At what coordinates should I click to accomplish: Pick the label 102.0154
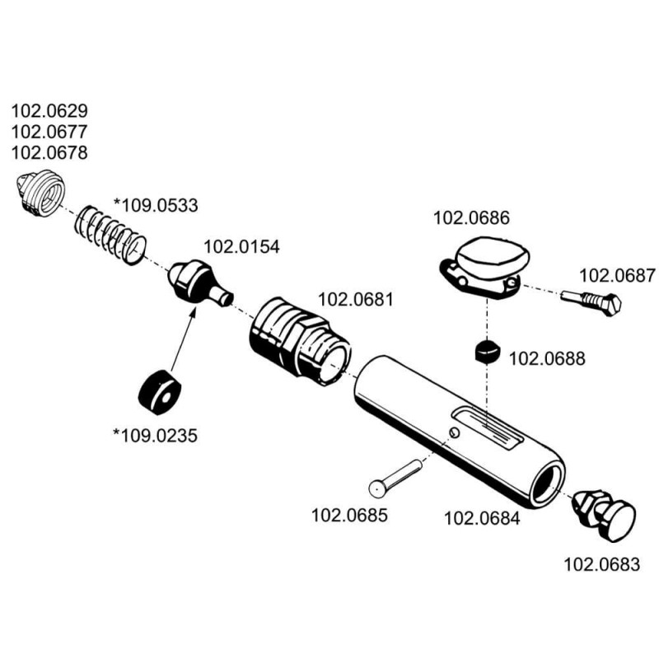point(241,247)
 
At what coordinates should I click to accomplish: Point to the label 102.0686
point(471,219)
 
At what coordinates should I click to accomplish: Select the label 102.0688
point(548,359)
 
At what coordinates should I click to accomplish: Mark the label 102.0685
point(348,516)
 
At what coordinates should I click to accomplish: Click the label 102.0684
point(482,519)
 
